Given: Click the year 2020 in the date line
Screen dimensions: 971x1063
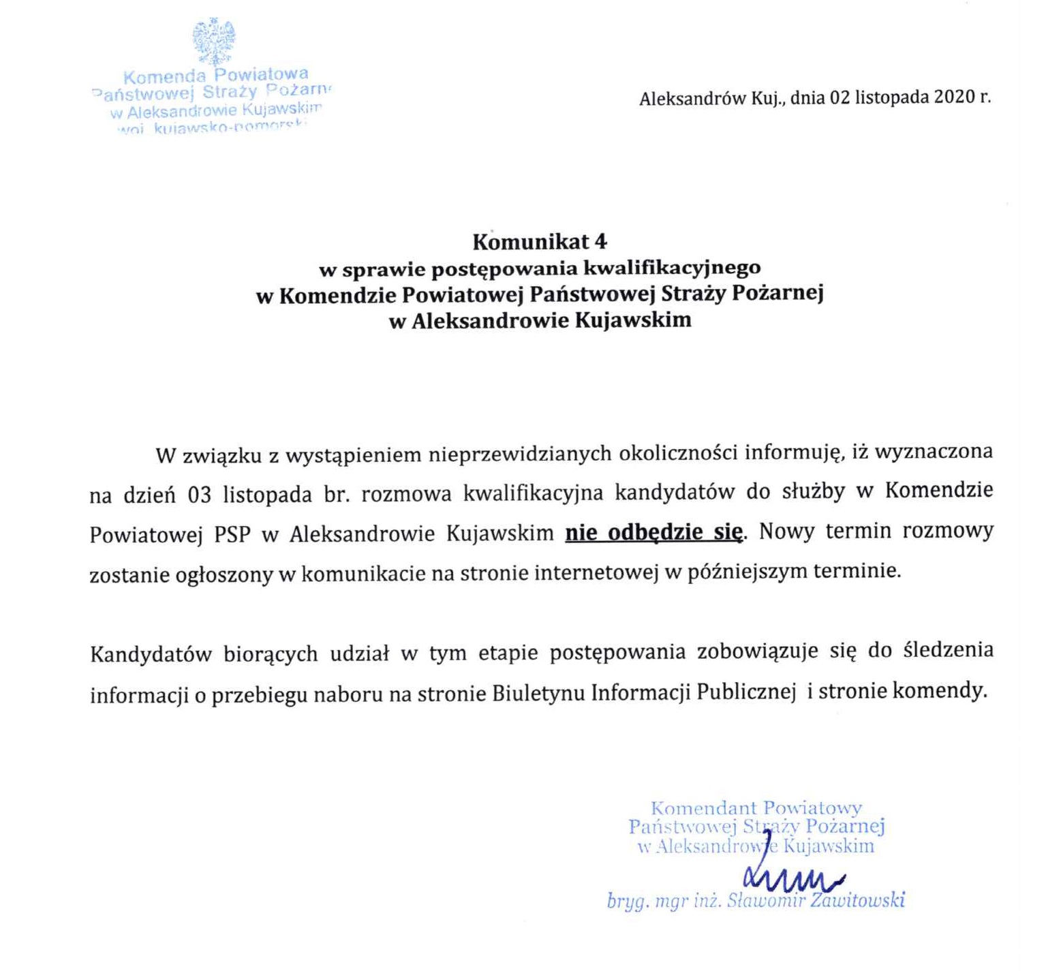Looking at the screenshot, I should (x=955, y=97).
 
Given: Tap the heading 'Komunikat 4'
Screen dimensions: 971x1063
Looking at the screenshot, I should (x=540, y=242).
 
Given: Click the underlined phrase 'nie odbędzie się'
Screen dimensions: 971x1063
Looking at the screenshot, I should (x=653, y=531).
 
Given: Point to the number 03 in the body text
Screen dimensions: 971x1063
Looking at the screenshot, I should (x=200, y=494).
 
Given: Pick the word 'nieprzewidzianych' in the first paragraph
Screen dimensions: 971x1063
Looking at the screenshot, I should (x=520, y=454).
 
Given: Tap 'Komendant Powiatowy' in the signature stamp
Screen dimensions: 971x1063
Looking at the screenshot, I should (x=756, y=809).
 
